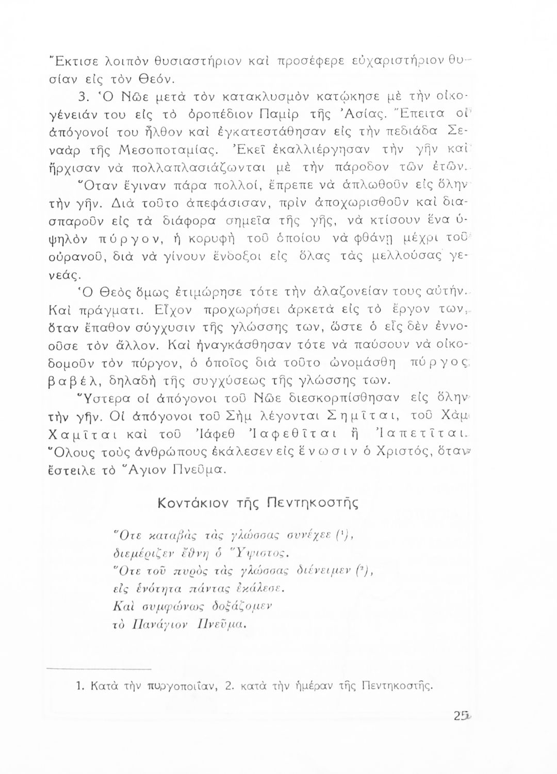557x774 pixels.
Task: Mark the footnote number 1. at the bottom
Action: point(80,686)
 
